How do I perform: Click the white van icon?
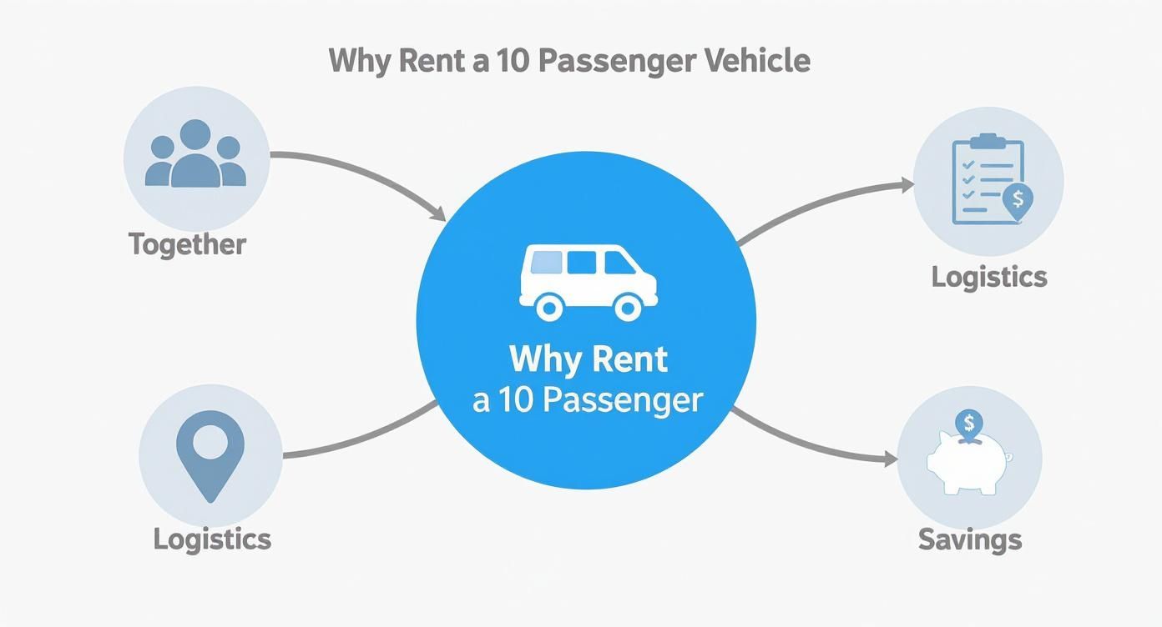click(x=588, y=282)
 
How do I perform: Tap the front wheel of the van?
click(x=627, y=308)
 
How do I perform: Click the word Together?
click(x=187, y=245)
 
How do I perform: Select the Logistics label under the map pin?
click(x=212, y=539)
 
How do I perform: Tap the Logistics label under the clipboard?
click(x=989, y=277)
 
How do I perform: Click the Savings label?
click(x=970, y=539)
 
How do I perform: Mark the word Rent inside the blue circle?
click(x=631, y=359)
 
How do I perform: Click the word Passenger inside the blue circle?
click(x=622, y=401)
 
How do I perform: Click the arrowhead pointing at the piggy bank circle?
click(x=890, y=459)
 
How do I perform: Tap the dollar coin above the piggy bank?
click(x=968, y=424)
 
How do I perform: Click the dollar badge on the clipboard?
click(x=1017, y=200)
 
